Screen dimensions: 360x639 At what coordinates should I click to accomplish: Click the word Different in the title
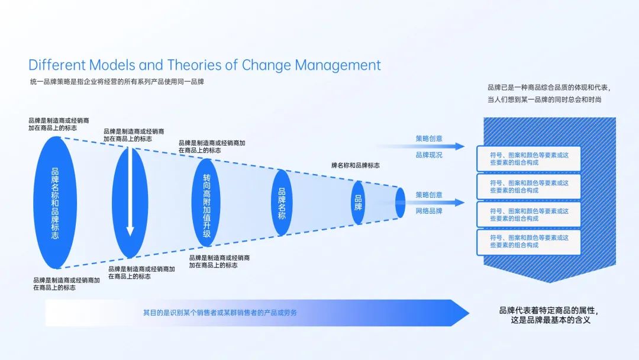57,65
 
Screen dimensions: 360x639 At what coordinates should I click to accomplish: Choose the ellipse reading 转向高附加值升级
206,202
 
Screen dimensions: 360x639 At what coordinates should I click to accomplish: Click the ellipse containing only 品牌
358,202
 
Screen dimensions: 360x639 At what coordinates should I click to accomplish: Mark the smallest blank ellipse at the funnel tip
400,202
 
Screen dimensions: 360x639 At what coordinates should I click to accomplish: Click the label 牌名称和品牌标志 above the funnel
355,166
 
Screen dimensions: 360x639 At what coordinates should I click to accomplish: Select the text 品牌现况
428,155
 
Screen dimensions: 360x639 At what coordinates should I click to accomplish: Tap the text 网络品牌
428,211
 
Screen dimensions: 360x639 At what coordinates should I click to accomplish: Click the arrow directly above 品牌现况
420,146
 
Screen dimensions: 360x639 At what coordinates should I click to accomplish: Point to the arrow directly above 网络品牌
420,202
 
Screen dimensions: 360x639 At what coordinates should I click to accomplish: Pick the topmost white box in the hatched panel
529,159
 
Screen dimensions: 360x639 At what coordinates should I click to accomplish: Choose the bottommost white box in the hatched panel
529,241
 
